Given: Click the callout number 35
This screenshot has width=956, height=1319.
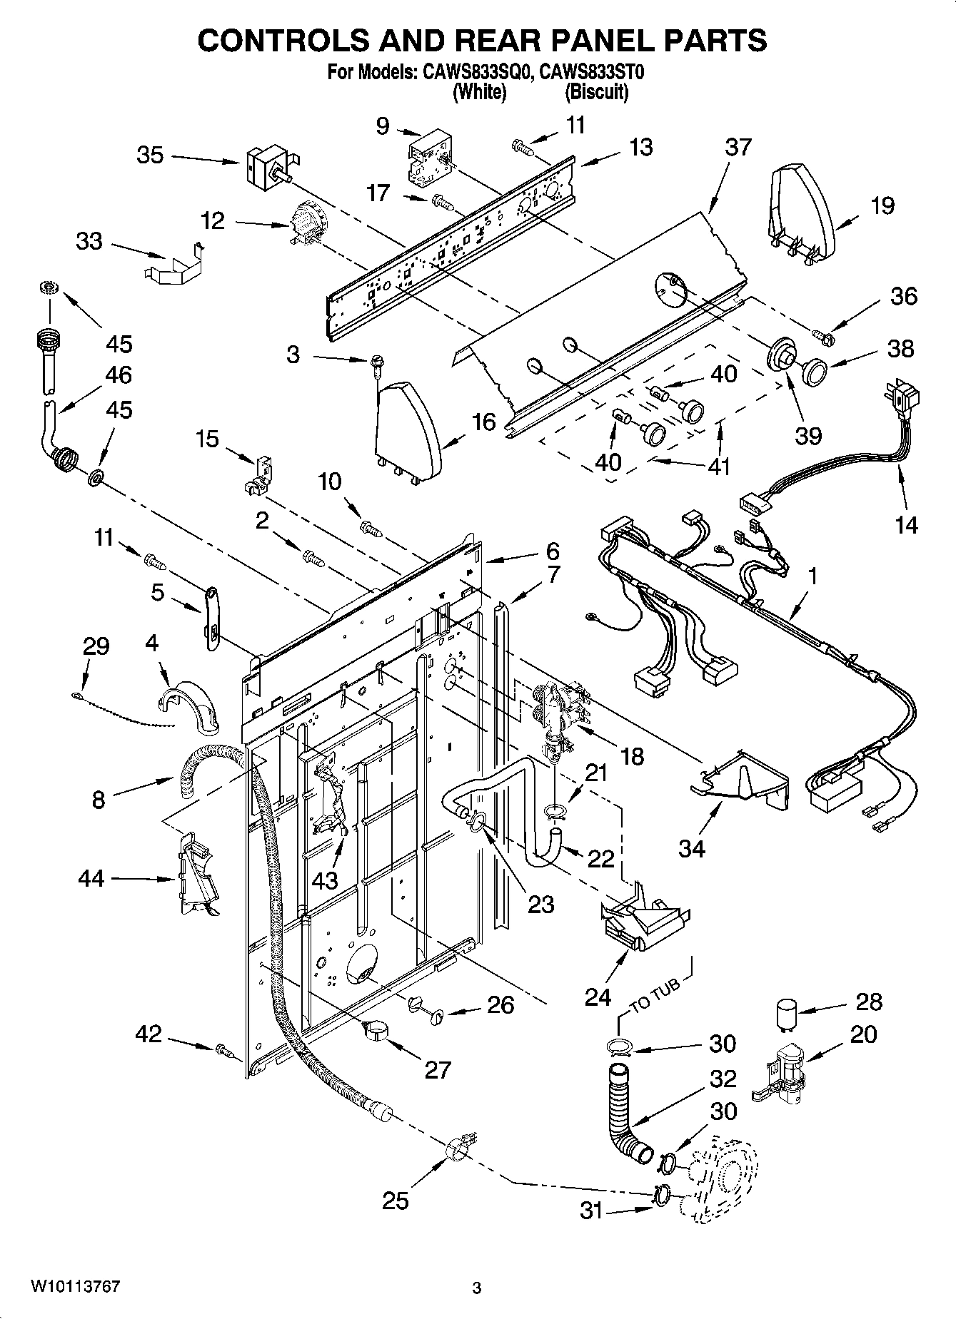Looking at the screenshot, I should (150, 155).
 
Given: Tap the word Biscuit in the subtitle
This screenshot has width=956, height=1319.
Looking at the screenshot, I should (597, 92).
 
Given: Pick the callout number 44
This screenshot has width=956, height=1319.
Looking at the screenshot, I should (91, 878).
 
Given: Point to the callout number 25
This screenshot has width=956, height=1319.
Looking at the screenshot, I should (395, 1201).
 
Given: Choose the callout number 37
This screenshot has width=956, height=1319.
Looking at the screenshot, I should (738, 147).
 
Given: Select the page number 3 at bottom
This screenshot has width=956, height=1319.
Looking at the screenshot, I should (477, 1288).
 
